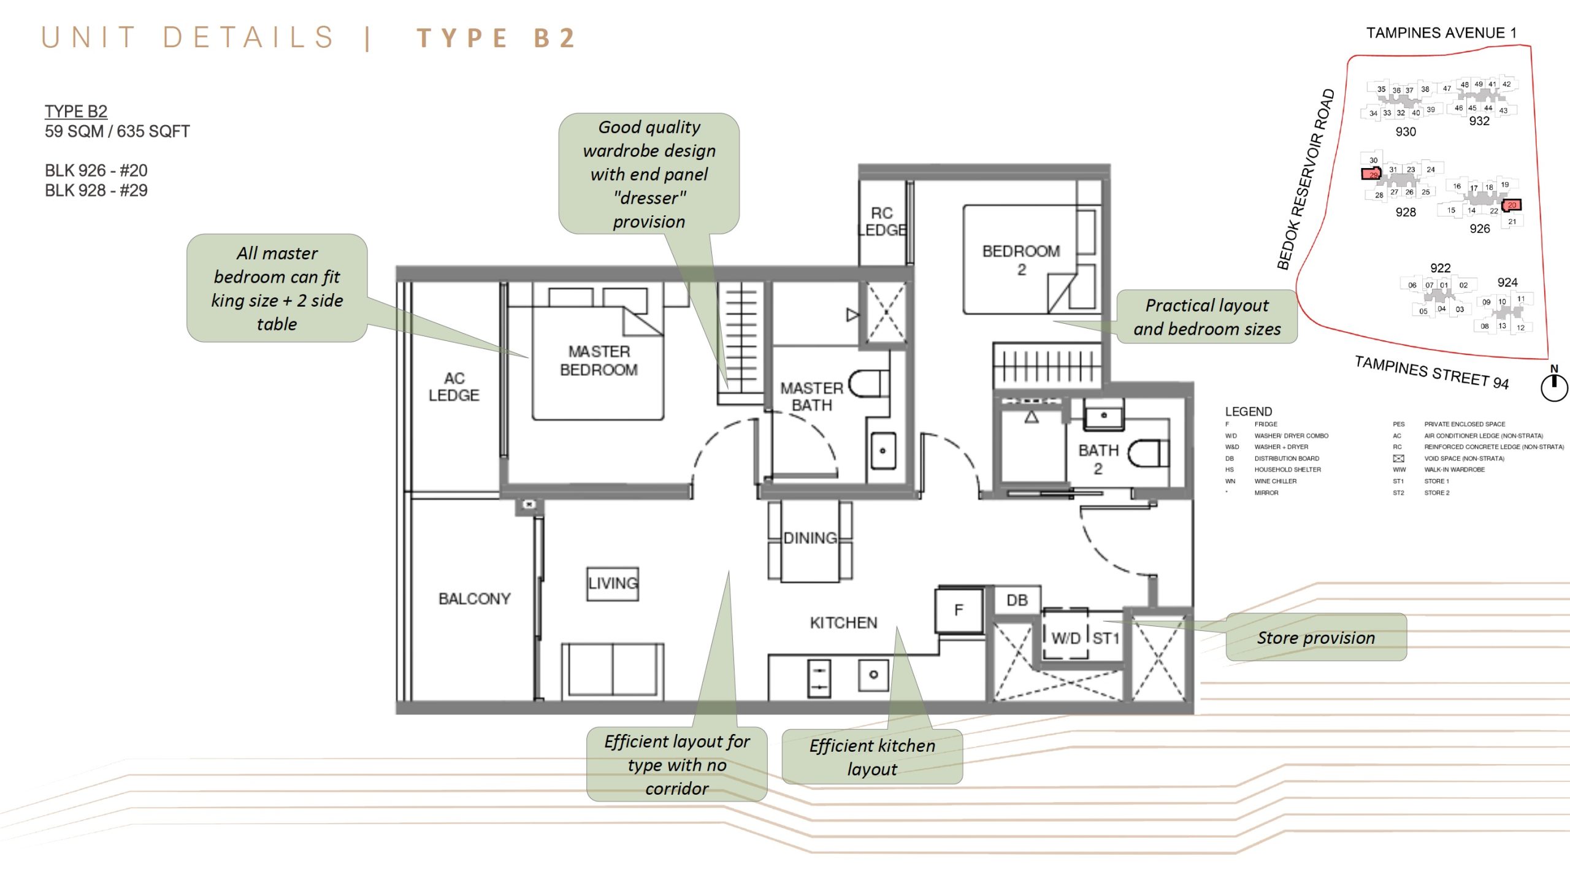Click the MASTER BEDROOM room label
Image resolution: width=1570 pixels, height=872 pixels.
tap(599, 361)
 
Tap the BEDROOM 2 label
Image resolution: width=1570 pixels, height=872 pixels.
tap(1020, 260)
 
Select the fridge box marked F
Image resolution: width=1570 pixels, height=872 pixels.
tap(959, 610)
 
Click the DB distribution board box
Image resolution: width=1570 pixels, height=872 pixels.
tap(1017, 600)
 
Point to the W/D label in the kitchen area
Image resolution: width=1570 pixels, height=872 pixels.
tap(1065, 638)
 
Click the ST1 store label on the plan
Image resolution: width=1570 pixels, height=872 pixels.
tap(1106, 638)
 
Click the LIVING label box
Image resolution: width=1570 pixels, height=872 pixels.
tap(613, 583)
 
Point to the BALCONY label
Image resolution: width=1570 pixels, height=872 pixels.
tap(474, 599)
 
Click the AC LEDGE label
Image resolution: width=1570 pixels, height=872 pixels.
tap(454, 387)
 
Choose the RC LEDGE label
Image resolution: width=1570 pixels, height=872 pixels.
tap(882, 221)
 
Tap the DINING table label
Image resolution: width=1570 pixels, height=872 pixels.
tap(810, 538)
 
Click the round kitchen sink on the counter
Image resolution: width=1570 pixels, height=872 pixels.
tap(873, 675)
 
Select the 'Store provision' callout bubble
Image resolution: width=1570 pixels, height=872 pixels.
tap(1315, 638)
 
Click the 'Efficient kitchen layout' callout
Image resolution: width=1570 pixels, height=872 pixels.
tap(871, 757)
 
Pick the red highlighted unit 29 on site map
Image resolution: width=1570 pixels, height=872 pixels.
tap(1371, 174)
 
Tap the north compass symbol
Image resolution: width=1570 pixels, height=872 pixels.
tap(1554, 386)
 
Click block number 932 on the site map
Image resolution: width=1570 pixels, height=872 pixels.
tap(1479, 121)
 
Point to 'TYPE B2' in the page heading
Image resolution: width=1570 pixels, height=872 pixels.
tap(497, 38)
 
